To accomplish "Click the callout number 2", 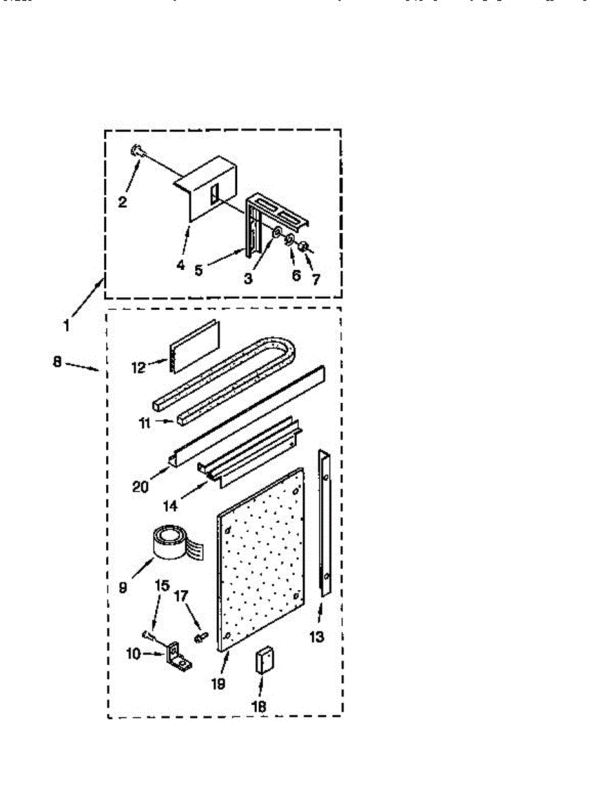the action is pos(123,202).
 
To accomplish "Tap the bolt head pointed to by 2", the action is pos(136,151).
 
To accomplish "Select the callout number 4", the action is pos(181,265).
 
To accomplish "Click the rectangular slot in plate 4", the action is pos(214,193).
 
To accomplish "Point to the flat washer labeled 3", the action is pos(277,234).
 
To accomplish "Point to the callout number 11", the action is pos(145,424).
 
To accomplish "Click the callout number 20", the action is pos(140,487).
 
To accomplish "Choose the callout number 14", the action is pos(170,506).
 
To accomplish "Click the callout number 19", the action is pos(218,684).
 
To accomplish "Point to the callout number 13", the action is pos(316,635).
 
